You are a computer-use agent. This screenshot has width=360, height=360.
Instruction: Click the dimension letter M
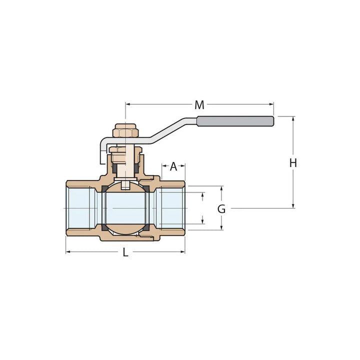coord(199,105)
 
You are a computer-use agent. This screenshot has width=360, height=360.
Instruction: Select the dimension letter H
coord(293,163)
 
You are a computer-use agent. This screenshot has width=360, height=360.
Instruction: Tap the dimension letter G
coord(221,209)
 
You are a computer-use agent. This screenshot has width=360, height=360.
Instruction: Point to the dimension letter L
coord(125,252)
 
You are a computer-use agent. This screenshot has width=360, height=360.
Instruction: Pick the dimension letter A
coord(173,166)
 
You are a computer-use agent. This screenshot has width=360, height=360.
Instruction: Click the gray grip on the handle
coord(235,121)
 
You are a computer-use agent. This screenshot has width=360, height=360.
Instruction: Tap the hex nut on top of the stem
coord(125,132)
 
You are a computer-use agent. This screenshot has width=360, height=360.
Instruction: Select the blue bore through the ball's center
coord(125,208)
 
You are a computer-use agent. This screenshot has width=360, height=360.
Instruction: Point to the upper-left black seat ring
coord(105,188)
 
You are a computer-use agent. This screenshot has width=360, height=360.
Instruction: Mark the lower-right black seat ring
coord(145,228)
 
